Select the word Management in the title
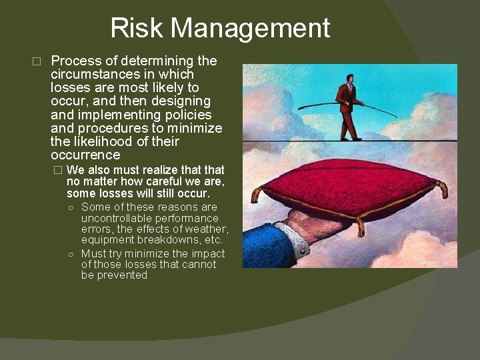coord(250,28)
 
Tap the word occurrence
coord(85,155)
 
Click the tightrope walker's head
coord(349,78)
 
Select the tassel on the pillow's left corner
coord(255,195)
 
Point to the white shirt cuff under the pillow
coord(293,239)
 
